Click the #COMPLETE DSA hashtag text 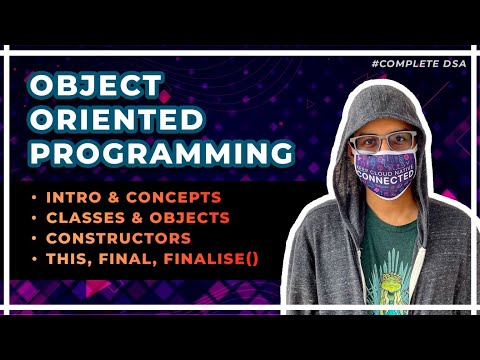pos(420,62)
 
